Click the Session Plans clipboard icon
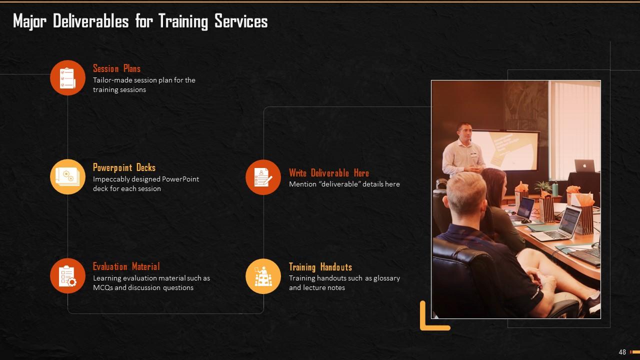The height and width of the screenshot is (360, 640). [67, 77]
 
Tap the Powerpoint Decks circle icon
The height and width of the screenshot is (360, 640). [67, 176]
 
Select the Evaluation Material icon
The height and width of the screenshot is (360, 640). [67, 276]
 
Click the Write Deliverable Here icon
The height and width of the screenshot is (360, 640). [263, 177]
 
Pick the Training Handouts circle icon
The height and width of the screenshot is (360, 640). [263, 276]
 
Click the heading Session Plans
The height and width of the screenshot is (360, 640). [116, 68]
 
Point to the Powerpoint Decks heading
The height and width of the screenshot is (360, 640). [124, 167]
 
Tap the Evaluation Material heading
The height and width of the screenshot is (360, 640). [126, 266]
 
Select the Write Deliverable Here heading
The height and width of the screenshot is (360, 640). [328, 173]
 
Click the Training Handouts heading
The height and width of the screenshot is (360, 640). [320, 267]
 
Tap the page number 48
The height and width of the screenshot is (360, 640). [622, 352]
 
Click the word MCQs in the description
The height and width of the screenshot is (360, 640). [102, 287]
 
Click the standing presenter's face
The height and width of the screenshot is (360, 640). [464, 132]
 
